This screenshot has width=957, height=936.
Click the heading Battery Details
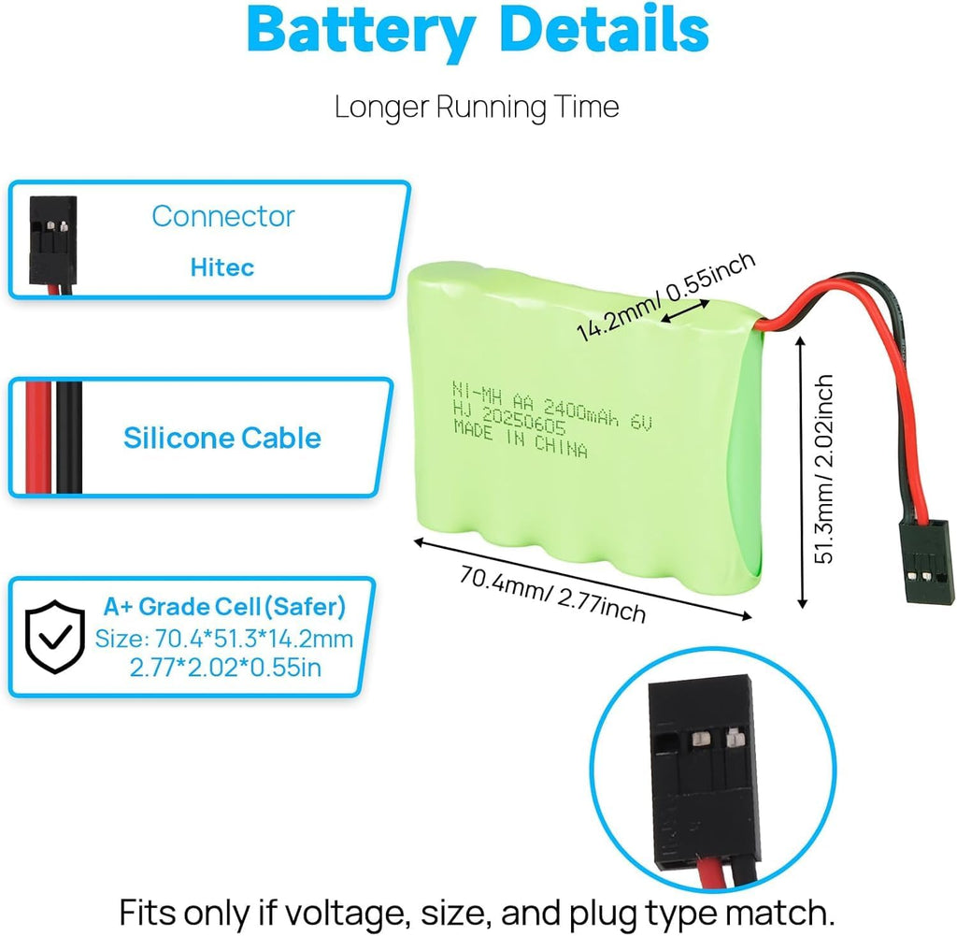tap(478, 32)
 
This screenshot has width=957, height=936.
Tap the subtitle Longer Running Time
tap(477, 107)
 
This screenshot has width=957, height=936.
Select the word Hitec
tap(222, 267)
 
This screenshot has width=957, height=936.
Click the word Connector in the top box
tap(222, 216)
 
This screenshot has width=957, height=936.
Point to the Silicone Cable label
tap(222, 438)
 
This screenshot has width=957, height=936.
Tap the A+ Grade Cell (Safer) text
tap(224, 608)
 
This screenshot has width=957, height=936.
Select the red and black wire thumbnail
tap(54, 438)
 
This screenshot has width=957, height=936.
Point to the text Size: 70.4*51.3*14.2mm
tap(224, 640)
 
